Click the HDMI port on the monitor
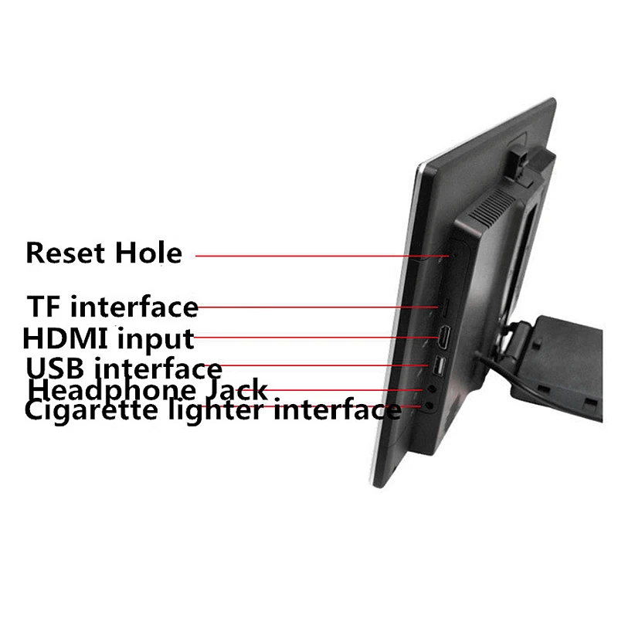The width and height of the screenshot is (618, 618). click(x=447, y=338)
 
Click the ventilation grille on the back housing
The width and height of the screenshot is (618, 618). click(x=492, y=206)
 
